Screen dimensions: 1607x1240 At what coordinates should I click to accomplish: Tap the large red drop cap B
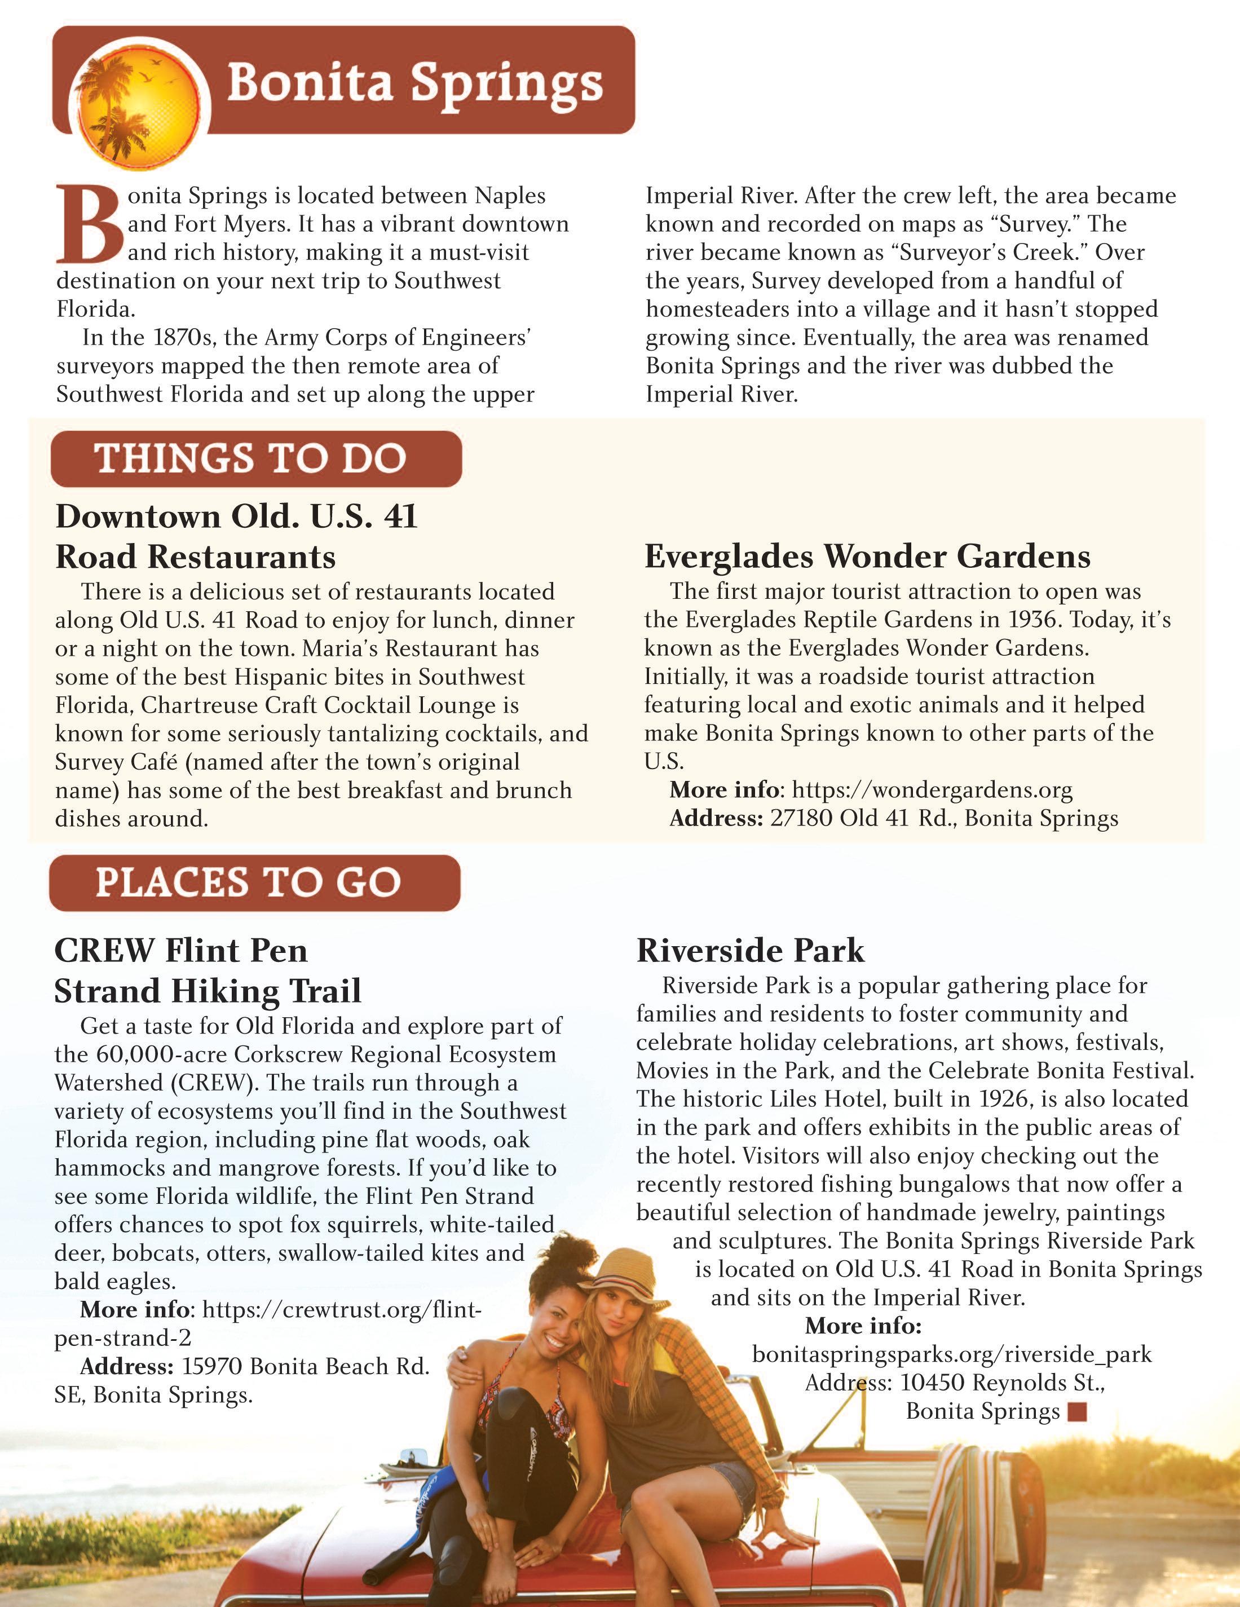click(87, 224)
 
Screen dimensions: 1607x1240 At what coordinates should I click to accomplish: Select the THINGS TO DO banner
click(255, 458)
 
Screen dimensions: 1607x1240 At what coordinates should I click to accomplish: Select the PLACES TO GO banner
click(254, 883)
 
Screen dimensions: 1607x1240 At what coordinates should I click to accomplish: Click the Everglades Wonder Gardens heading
click(867, 557)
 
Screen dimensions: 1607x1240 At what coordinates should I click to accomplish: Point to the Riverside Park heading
click(750, 951)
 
